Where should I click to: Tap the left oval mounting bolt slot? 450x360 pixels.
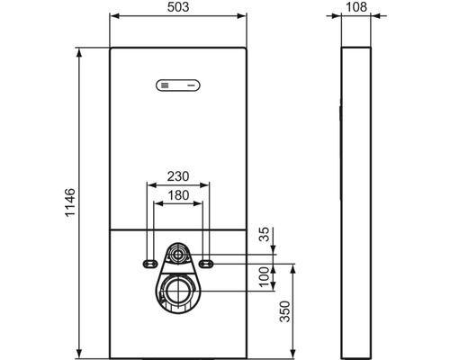click(148, 264)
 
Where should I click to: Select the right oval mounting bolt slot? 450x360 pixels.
click(207, 264)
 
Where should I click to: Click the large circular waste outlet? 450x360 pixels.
click(178, 292)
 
